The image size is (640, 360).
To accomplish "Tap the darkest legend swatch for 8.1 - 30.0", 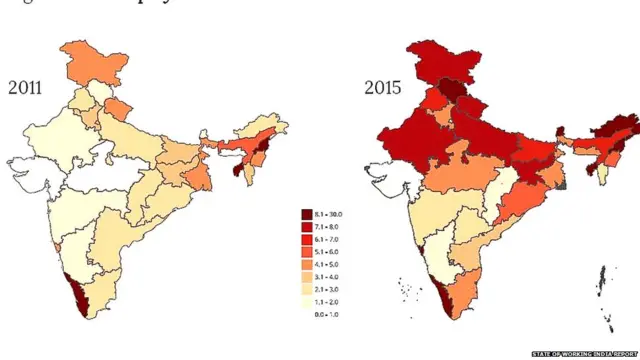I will point(308,215).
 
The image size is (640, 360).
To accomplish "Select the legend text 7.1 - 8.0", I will point(335,228).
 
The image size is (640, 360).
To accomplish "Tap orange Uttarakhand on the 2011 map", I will point(119,106).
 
